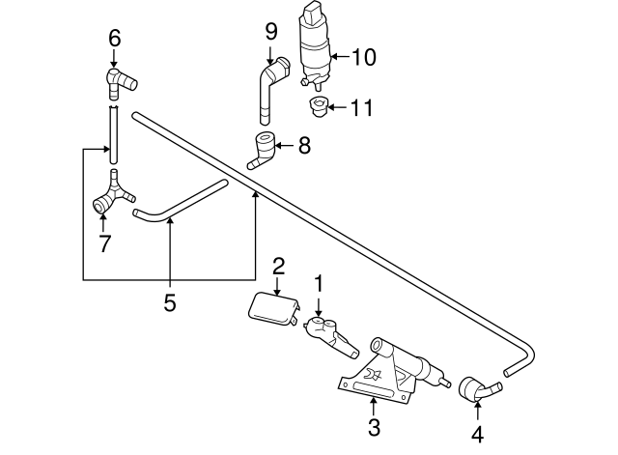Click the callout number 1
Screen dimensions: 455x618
coord(320,284)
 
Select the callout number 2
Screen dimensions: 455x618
coord(278,265)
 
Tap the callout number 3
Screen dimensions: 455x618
coord(374,426)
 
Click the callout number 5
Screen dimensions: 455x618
coord(169,303)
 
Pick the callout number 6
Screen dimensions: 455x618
coord(114,38)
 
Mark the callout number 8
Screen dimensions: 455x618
coord(304,147)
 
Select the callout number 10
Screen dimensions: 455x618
coord(363,57)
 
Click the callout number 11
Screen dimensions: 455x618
coord(362,105)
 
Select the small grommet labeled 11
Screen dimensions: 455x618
coord(316,103)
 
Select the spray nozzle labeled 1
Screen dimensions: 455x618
coord(324,331)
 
